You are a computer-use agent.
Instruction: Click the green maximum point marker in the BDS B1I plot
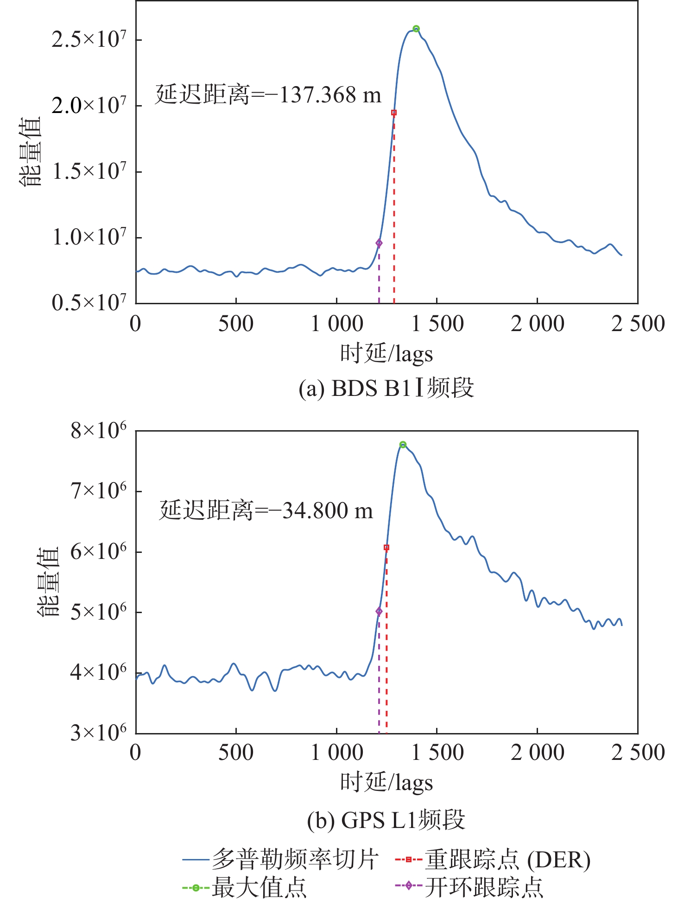[416, 29]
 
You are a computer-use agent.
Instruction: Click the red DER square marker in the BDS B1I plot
[394, 113]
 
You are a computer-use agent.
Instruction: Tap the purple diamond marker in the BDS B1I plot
[379, 243]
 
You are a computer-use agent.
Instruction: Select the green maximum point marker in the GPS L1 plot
[403, 445]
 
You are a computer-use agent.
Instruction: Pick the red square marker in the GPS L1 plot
[386, 547]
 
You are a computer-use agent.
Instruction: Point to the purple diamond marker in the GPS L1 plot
[379, 612]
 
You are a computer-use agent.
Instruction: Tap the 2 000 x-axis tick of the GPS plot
[538, 753]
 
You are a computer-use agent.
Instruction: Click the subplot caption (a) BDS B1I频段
[386, 388]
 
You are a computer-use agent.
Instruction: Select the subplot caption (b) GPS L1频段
[386, 820]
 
